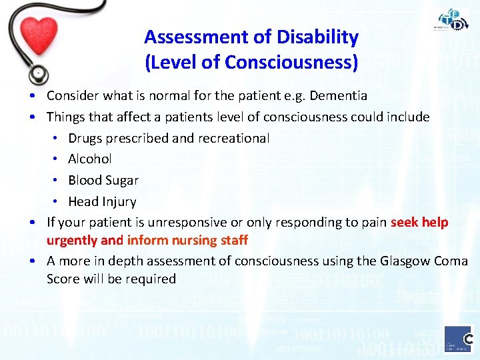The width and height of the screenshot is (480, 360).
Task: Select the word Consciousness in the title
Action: tap(291, 62)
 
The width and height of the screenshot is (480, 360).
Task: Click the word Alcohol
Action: tap(90, 159)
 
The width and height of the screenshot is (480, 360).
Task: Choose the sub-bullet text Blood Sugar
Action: tap(103, 180)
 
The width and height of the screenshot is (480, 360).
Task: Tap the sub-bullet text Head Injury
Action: tap(102, 201)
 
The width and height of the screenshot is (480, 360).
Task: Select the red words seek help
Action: tap(419, 222)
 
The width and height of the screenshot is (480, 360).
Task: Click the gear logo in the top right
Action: tap(453, 20)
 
